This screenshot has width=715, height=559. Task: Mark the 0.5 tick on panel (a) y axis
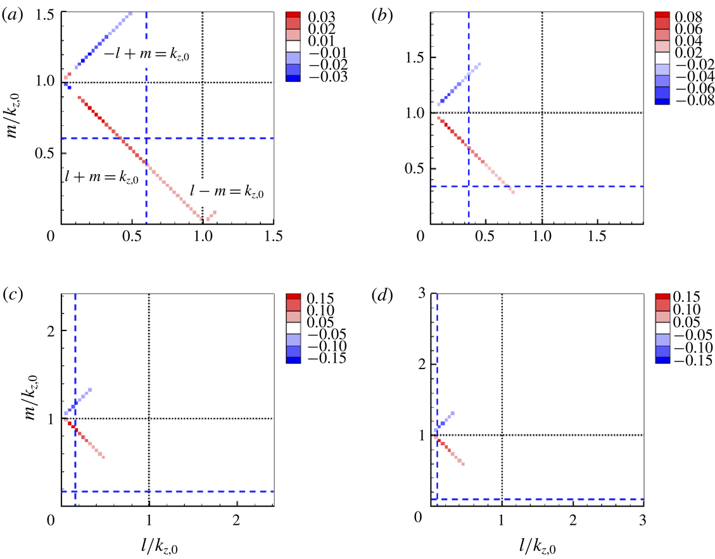(x=43, y=153)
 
